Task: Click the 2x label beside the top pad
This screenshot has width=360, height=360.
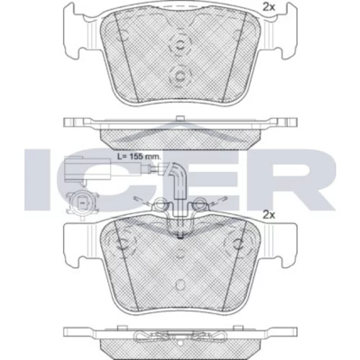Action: pyautogui.click(x=269, y=7)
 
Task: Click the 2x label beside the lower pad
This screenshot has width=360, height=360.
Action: pyautogui.click(x=269, y=215)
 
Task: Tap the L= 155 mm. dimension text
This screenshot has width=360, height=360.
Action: pyautogui.click(x=139, y=157)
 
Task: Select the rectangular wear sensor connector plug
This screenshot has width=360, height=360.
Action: pyautogui.click(x=87, y=170)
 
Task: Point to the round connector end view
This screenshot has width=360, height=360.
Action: pyautogui.click(x=82, y=204)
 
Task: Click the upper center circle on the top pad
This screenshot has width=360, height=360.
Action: pyautogui.click(x=179, y=45)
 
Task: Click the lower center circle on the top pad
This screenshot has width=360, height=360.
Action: pyautogui.click(x=179, y=76)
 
